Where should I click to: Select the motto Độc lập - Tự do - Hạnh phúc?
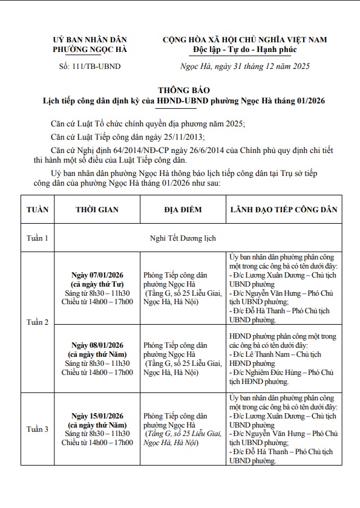tap(244, 50)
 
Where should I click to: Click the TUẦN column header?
tap(38, 210)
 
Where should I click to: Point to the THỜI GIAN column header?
tap(97, 210)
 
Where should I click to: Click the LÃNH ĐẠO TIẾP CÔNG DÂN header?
tap(284, 210)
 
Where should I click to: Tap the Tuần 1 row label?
tap(38, 238)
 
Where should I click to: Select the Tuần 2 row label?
tap(38, 322)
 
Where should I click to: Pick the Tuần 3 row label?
tap(38, 429)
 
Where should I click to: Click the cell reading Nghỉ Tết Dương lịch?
tap(183, 238)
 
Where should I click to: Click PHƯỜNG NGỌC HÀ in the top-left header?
tap(90, 50)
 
